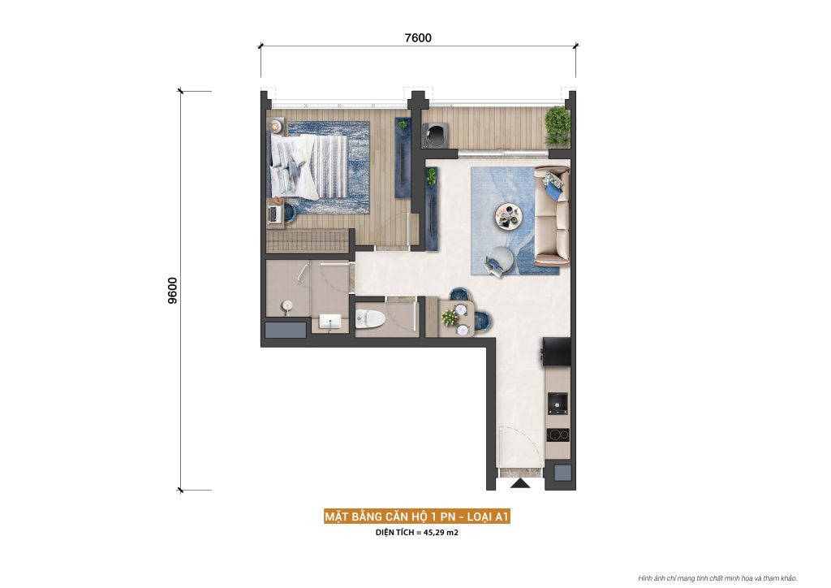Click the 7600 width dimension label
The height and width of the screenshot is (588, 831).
[x=418, y=37]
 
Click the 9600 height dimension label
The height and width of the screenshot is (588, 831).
[x=172, y=290]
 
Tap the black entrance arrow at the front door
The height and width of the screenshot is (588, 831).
[x=520, y=484]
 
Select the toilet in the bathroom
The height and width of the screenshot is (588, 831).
[x=370, y=318]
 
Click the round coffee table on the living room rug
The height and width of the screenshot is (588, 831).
[x=510, y=215]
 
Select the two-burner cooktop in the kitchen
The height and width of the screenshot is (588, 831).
[x=558, y=434]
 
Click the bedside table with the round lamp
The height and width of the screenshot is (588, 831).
[x=278, y=126]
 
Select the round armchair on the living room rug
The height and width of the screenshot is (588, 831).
[x=497, y=260]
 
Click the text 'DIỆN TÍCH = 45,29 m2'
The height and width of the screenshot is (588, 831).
[x=416, y=533]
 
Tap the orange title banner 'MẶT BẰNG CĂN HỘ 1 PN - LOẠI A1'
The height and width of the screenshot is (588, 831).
[x=416, y=517]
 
